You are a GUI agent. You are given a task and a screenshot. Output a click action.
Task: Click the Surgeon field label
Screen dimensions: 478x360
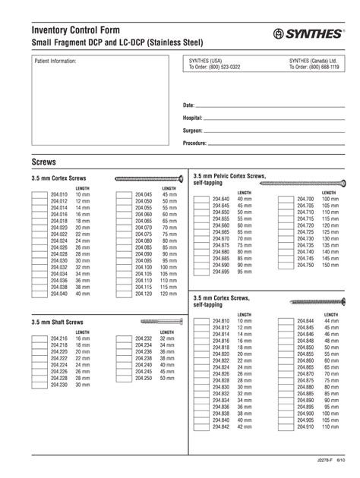pyautogui.click(x=193, y=131)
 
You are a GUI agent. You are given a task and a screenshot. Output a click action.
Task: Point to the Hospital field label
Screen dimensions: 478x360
pyautogui.click(x=192, y=118)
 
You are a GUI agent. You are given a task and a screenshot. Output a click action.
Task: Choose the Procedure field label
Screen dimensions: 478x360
pyautogui.click(x=195, y=143)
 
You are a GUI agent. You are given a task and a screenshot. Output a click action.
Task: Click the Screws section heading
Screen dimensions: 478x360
pyautogui.click(x=44, y=162)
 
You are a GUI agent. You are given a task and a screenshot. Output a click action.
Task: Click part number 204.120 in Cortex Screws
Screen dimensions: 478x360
pyautogui.click(x=144, y=293)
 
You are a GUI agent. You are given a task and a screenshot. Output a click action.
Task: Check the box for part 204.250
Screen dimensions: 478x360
pyautogui.click(x=124, y=378)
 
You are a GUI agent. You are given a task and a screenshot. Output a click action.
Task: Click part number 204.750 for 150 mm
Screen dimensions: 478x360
pyautogui.click(x=305, y=265)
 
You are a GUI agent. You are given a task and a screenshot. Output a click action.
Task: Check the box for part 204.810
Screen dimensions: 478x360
pyautogui.click(x=201, y=322)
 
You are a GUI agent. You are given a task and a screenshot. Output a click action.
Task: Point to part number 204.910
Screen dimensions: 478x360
pyautogui.click(x=305, y=426)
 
